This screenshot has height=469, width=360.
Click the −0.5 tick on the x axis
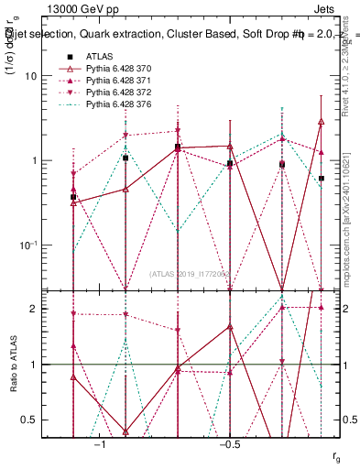click(228, 444)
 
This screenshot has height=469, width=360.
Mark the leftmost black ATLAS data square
click(73, 197)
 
